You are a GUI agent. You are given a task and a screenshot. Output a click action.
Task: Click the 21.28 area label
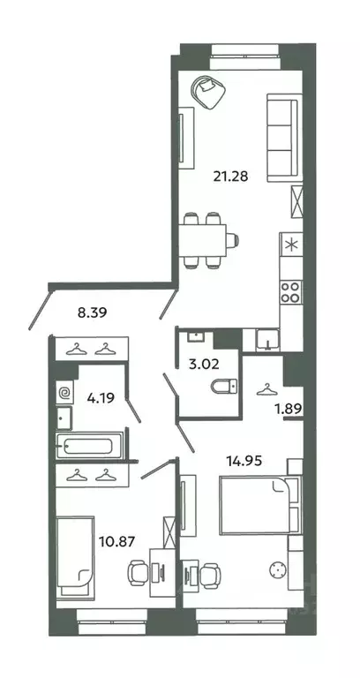[231, 176]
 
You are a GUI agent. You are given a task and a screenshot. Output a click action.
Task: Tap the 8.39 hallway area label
[92, 313]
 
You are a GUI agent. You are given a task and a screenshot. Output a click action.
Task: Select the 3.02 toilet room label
[205, 363]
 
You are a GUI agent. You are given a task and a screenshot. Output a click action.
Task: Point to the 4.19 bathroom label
[101, 397]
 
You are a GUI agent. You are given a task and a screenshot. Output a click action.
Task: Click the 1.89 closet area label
[288, 407]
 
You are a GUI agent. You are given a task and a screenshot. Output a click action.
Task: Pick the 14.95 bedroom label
[244, 462]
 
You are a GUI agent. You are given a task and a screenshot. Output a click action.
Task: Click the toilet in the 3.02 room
[225, 386]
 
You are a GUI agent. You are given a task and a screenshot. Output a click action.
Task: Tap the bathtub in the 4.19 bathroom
[90, 446]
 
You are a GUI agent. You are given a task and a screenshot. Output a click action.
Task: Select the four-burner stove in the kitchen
[291, 292]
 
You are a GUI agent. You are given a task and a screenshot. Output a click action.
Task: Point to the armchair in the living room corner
[209, 92]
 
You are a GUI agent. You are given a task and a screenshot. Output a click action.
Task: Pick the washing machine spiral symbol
[64, 393]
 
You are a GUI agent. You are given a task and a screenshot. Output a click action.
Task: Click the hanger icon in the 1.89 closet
[265, 389]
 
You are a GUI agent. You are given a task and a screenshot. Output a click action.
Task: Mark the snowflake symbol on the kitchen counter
[291, 245]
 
